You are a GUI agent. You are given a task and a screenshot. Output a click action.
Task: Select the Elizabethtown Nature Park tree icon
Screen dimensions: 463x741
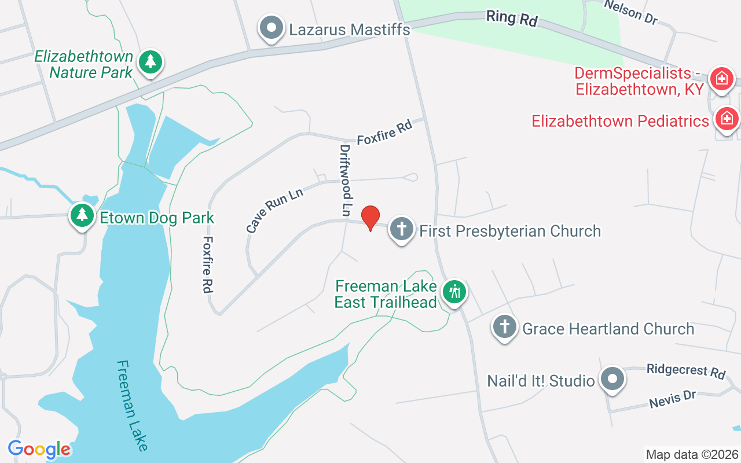click(151, 61)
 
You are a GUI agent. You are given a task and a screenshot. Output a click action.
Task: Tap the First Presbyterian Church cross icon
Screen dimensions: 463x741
click(401, 229)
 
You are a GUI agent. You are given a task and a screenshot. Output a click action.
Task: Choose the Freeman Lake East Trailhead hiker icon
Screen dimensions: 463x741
click(454, 292)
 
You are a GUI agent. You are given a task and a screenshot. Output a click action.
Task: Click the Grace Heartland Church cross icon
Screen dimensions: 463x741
click(504, 327)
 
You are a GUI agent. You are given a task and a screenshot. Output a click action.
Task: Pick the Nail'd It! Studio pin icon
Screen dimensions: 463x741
click(612, 380)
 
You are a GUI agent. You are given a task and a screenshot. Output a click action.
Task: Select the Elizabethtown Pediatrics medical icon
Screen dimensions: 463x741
click(727, 119)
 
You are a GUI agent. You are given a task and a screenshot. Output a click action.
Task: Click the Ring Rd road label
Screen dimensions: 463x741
click(512, 18)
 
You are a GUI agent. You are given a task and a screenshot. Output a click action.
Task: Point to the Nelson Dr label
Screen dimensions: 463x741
click(631, 12)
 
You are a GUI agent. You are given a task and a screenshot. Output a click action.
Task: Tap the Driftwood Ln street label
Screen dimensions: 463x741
click(346, 181)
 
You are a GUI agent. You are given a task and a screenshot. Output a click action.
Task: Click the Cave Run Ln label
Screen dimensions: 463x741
click(275, 209)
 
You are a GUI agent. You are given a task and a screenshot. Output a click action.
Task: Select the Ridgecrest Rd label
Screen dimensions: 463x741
click(686, 370)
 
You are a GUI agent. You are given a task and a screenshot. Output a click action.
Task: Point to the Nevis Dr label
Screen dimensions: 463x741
click(672, 398)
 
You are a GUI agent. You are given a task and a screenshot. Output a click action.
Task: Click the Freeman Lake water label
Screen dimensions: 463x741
click(132, 405)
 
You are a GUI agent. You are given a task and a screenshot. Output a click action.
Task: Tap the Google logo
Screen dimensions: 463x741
click(39, 449)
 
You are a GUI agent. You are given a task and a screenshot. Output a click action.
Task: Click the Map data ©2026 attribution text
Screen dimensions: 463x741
click(692, 454)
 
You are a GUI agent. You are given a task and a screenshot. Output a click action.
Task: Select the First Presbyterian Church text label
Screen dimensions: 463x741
click(510, 231)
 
